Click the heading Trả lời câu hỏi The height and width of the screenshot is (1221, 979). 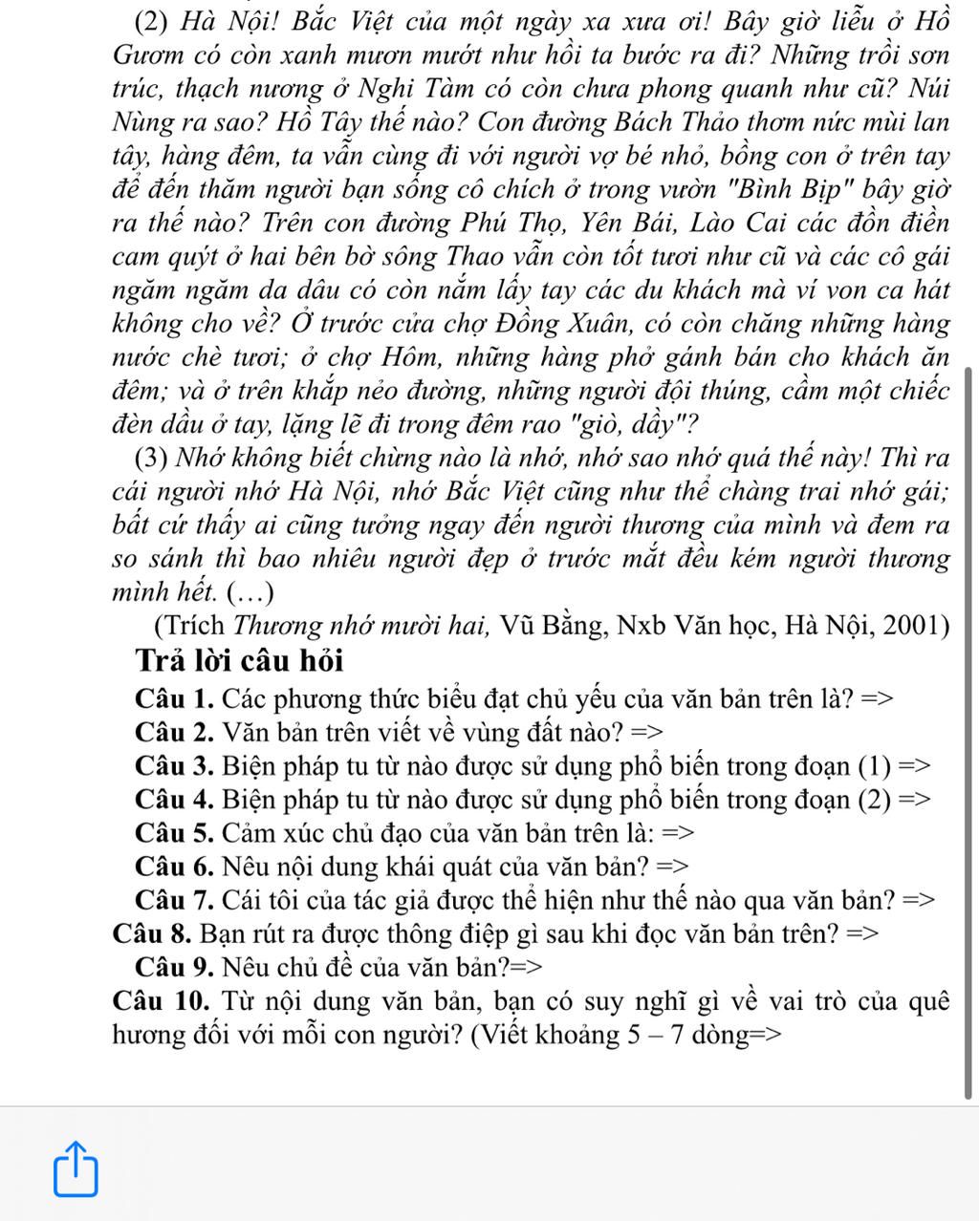239,660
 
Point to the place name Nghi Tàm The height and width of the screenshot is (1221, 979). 416,89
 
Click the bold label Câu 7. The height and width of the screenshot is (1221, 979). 174,899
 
